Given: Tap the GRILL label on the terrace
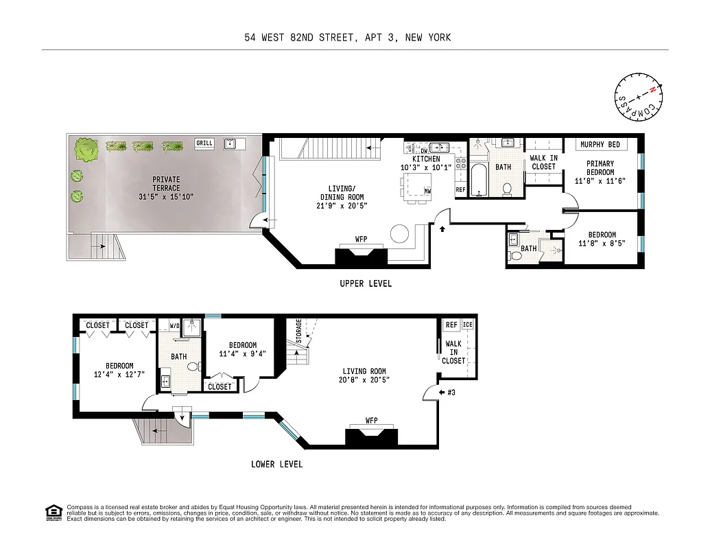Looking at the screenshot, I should [204, 143].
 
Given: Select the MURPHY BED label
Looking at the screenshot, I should [600, 145].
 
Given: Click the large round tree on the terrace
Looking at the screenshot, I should [86, 149].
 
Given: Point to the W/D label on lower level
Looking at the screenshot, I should [175, 325].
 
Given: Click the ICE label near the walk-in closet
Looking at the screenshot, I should [468, 325].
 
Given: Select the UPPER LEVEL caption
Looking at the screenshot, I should [366, 284].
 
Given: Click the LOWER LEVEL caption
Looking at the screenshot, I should [276, 465].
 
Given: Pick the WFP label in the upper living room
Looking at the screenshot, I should [361, 240].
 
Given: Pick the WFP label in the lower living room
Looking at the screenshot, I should [371, 420].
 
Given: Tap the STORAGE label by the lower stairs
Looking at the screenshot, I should [298, 332].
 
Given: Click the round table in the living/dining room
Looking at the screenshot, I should [399, 235].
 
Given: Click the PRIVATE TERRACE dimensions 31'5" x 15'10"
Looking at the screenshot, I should [166, 197].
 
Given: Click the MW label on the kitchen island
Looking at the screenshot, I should [427, 191].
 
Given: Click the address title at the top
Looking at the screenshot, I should [348, 38].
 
